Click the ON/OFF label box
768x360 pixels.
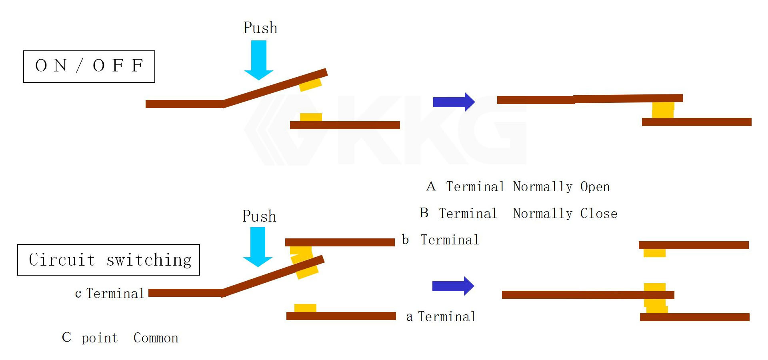click(x=89, y=66)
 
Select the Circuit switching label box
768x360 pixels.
click(x=108, y=260)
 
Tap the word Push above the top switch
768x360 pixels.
click(x=260, y=28)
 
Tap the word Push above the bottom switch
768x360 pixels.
click(x=259, y=216)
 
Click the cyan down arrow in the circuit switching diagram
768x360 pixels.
click(x=258, y=246)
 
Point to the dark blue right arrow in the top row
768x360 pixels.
click(x=454, y=102)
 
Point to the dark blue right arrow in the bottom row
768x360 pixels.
click(x=453, y=286)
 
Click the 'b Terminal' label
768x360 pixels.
click(x=440, y=240)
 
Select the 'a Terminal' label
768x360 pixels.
click(x=441, y=317)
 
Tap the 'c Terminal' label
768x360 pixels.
click(x=110, y=294)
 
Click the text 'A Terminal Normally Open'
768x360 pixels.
click(x=518, y=187)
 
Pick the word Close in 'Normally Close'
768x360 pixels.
click(x=598, y=214)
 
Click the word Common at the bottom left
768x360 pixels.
click(x=156, y=338)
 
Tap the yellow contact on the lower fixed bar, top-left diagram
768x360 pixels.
click(x=311, y=117)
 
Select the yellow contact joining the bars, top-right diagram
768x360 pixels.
click(x=663, y=110)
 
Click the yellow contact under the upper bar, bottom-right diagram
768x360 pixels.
click(x=654, y=253)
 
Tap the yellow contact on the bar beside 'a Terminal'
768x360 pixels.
click(x=305, y=308)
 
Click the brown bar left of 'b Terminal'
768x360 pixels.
click(x=340, y=242)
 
